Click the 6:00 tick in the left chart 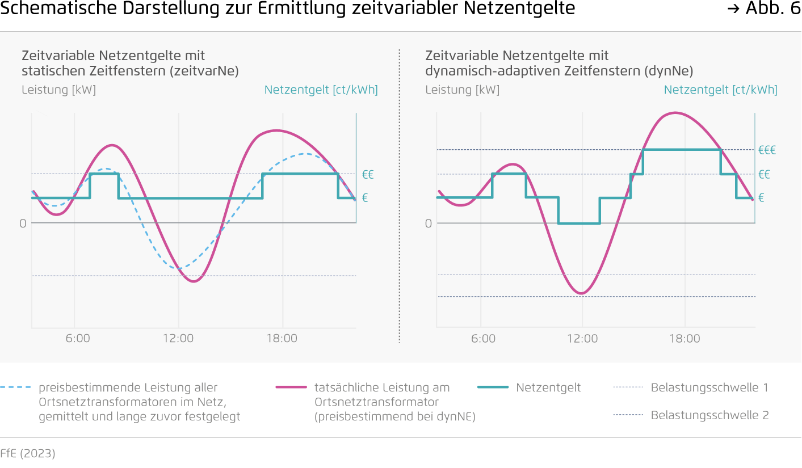(78, 339)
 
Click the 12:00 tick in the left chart (178, 339)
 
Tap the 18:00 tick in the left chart (282, 339)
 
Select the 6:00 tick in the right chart (483, 339)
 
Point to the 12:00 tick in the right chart (582, 339)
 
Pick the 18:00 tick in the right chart (685, 339)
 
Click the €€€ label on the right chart (767, 150)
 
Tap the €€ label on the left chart (368, 174)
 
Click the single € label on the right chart (761, 198)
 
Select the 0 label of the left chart (23, 224)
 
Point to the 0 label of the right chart (428, 224)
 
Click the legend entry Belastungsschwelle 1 (709, 388)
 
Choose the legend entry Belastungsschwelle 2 (709, 415)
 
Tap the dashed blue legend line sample (15, 388)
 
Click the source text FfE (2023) (28, 454)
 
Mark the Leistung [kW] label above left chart (58, 90)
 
